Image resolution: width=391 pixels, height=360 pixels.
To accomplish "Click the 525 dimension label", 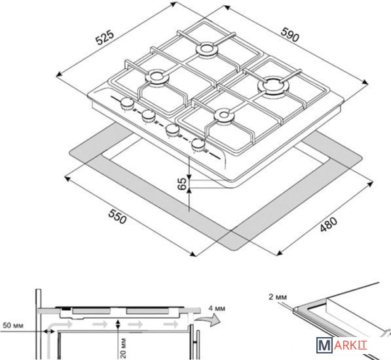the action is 105,37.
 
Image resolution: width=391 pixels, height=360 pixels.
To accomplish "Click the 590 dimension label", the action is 289,35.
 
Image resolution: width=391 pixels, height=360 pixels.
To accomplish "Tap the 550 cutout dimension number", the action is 117,217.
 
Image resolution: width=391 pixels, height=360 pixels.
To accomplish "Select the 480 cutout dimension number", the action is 328,225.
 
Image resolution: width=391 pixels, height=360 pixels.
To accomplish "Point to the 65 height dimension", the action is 183,184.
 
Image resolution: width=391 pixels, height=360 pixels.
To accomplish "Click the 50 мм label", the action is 13,325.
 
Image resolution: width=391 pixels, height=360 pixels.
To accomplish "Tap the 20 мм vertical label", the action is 123,348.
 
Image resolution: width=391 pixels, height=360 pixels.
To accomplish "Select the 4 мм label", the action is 217,308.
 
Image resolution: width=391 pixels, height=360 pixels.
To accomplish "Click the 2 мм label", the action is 278,297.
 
